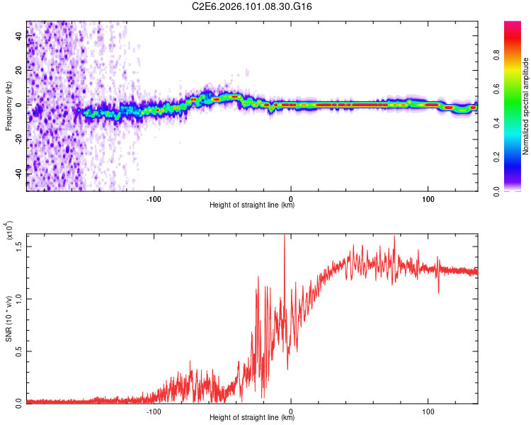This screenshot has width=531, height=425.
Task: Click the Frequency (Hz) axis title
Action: [8, 106]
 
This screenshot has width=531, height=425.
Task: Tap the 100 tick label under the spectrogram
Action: [428, 198]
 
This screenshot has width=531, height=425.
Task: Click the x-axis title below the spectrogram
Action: [252, 205]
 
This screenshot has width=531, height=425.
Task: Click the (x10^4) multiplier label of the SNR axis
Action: [10, 231]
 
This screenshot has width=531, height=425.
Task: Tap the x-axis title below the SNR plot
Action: [252, 418]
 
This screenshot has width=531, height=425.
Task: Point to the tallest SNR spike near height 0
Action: [285, 237]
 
